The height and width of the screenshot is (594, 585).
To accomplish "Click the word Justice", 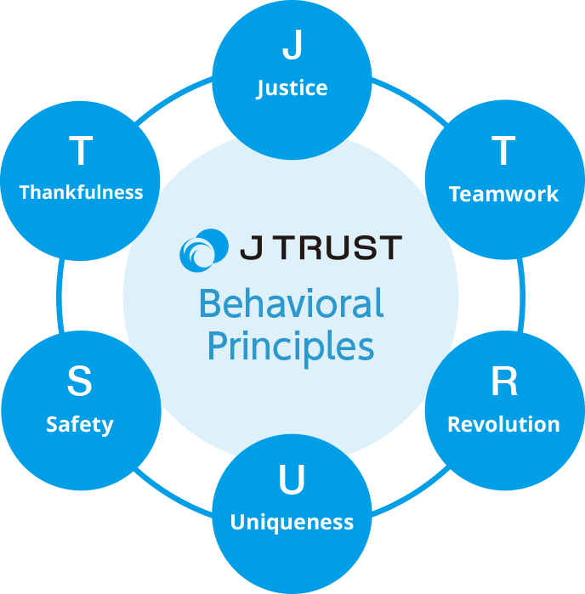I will tap(292, 88).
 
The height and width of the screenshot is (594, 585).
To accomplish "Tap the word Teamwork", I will tap(503, 195).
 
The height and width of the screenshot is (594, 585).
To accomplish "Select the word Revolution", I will tap(503, 424).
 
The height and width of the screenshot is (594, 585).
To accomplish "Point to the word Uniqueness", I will tap(292, 522).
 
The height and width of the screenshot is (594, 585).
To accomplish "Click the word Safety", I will tap(80, 424).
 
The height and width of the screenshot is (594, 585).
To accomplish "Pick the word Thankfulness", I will tap(81, 192).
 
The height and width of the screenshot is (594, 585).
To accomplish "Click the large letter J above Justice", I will tap(292, 46).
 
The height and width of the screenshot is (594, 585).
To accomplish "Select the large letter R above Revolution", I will tap(503, 383).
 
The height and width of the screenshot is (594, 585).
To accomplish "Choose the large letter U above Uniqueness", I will tap(292, 482).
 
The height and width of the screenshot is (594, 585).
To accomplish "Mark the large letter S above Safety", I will tap(79, 382).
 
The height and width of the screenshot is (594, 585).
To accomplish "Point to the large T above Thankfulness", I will tap(80, 151).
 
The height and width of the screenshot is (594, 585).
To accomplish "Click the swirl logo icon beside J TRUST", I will tap(204, 249).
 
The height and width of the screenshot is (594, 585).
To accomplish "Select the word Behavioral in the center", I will tap(291, 304).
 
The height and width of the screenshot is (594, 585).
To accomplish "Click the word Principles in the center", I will tap(291, 348).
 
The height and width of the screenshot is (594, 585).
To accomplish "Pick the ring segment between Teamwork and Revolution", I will tap(521, 289).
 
